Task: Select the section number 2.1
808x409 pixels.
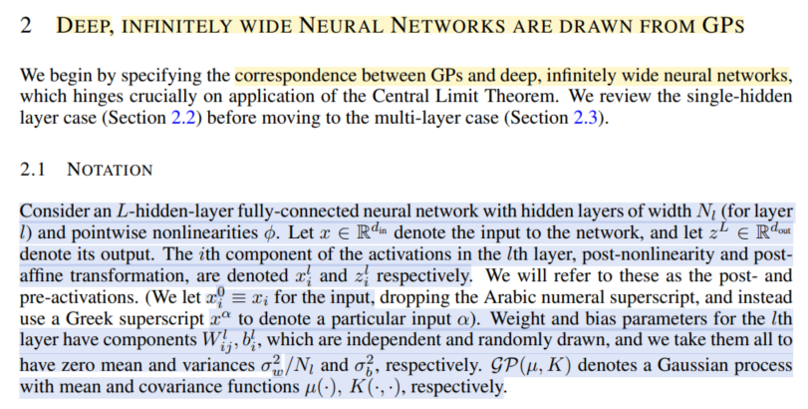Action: point(33,170)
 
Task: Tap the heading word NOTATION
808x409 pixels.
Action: point(110,170)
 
